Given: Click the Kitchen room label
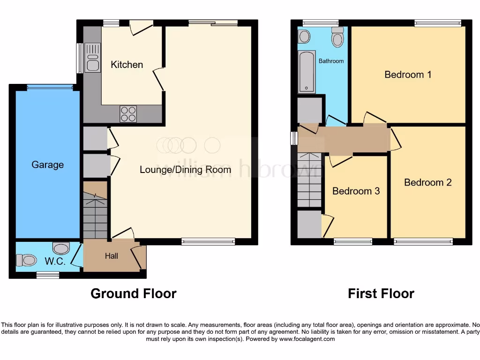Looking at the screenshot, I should click(x=127, y=65).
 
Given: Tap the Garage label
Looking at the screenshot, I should click(x=47, y=165).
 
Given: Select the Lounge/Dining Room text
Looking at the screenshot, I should click(x=185, y=169).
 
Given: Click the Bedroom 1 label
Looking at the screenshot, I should click(x=408, y=75).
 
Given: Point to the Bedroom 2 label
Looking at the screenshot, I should click(x=427, y=182).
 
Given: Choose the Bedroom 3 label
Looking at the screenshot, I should click(x=356, y=191).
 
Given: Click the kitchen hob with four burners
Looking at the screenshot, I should click(x=129, y=113).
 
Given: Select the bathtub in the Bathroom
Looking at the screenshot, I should click(x=307, y=72).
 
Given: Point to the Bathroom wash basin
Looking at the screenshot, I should click(x=304, y=36).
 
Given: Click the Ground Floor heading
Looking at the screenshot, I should click(x=133, y=293).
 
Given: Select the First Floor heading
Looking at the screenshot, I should click(x=381, y=293).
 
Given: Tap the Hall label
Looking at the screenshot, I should click(x=112, y=256).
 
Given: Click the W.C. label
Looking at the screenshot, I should click(x=55, y=262).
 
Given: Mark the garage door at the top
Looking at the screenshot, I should click(x=50, y=87).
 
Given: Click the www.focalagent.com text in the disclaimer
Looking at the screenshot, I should click(x=307, y=339).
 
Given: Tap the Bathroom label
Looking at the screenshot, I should click(x=331, y=61).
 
